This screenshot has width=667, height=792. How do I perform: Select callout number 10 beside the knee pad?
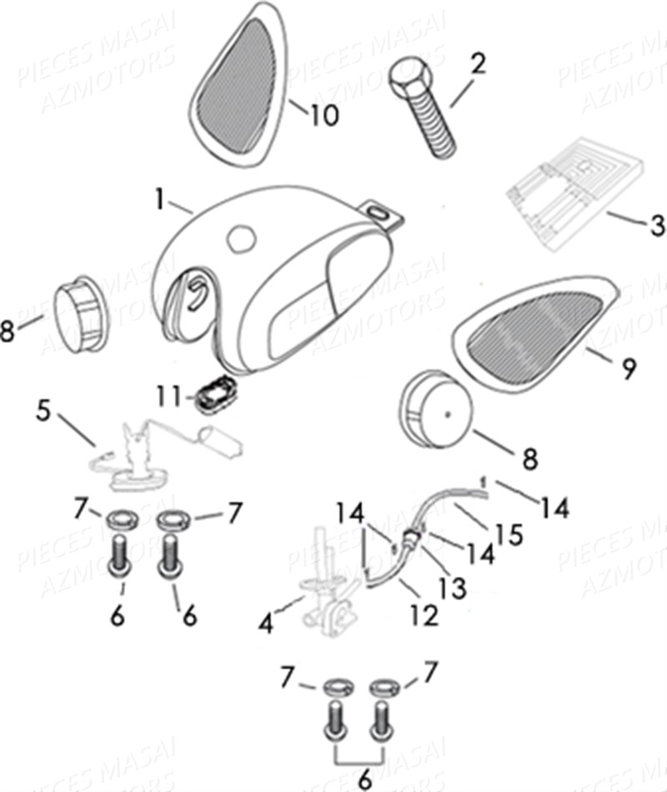click(x=324, y=116)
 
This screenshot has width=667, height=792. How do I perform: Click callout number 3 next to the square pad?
click(x=657, y=225)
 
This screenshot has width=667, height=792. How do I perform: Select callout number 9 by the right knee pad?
click(x=629, y=368)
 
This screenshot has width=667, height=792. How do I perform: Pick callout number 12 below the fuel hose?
click(x=424, y=615)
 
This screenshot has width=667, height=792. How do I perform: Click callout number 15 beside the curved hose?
click(x=510, y=533)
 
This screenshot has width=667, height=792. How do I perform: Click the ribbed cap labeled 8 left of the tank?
click(x=81, y=307)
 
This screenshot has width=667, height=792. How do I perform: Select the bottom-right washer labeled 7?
click(x=383, y=686)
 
